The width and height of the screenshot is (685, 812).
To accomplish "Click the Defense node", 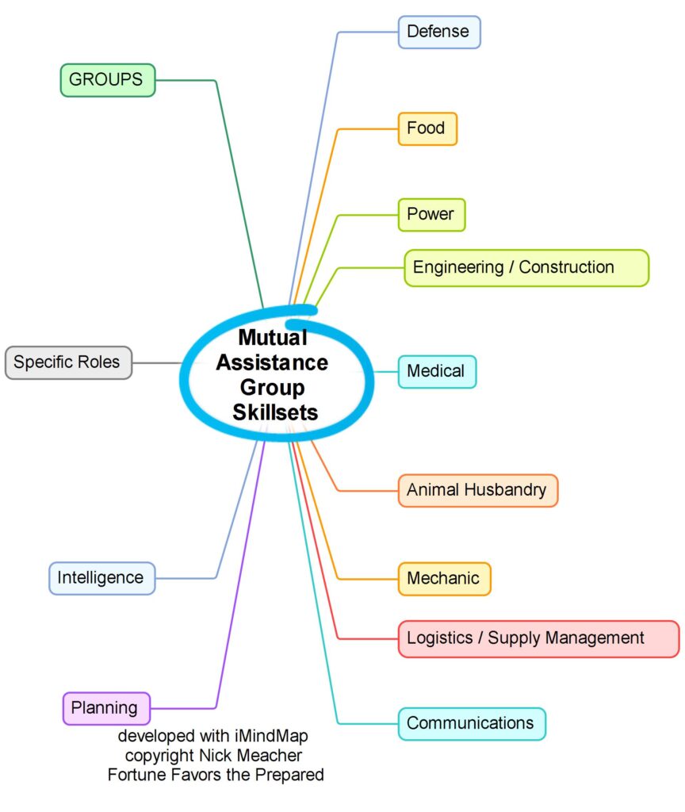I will tap(439, 33).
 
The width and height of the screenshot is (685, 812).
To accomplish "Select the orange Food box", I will tap(427, 128).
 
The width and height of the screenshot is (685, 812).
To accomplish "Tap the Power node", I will tap(431, 214).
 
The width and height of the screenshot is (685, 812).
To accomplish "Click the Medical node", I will tap(437, 371).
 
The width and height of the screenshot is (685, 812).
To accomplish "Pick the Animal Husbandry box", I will tap(477, 490).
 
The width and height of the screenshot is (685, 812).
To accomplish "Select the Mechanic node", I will tap(444, 578).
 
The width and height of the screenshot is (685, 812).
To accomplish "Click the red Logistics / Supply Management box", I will tap(538, 638).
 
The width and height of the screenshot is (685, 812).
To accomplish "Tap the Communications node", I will tap(471, 723).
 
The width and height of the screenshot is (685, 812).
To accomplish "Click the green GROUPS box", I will tap(107, 80).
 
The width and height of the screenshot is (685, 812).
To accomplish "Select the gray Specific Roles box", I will tap(68, 362).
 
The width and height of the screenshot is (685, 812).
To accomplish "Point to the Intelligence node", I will tap(101, 578).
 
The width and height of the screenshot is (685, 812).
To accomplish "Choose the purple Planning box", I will tap(105, 708).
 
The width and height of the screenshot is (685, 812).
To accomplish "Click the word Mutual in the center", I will tap(273, 339).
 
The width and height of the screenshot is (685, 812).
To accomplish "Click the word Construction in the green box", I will tap(566, 267).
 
